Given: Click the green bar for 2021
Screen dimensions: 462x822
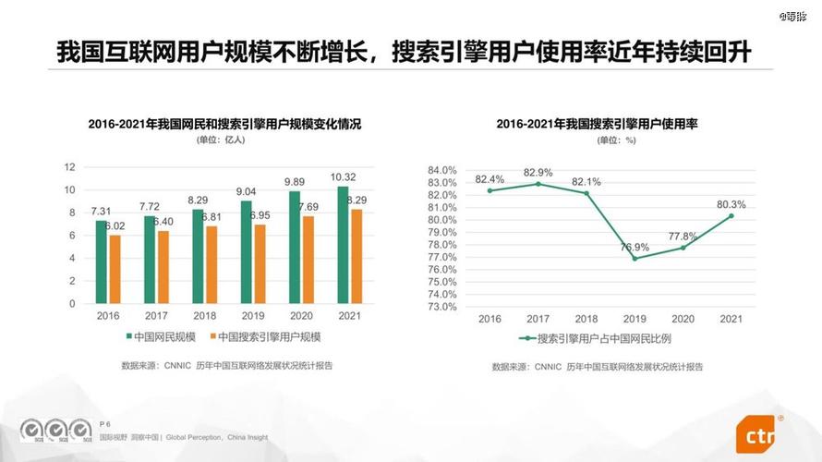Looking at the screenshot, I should click(343, 245).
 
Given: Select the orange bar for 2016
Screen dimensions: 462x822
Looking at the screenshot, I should click(115, 269).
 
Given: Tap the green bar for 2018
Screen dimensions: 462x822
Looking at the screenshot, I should click(198, 256).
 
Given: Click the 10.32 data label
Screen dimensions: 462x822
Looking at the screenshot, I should click(344, 176).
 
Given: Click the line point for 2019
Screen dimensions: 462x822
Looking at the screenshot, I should click(635, 258).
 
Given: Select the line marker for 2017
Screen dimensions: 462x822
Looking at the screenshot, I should click(538, 184).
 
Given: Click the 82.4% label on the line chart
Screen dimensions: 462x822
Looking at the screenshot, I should click(490, 178).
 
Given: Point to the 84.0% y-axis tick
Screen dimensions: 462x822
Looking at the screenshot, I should click(442, 170).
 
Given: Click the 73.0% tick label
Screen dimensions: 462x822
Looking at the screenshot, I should click(442, 306).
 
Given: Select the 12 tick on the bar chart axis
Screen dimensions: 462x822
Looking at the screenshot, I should click(69, 167).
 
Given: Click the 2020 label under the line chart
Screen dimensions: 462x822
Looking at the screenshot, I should click(683, 319).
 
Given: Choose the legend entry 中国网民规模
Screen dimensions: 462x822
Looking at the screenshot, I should click(161, 336).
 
